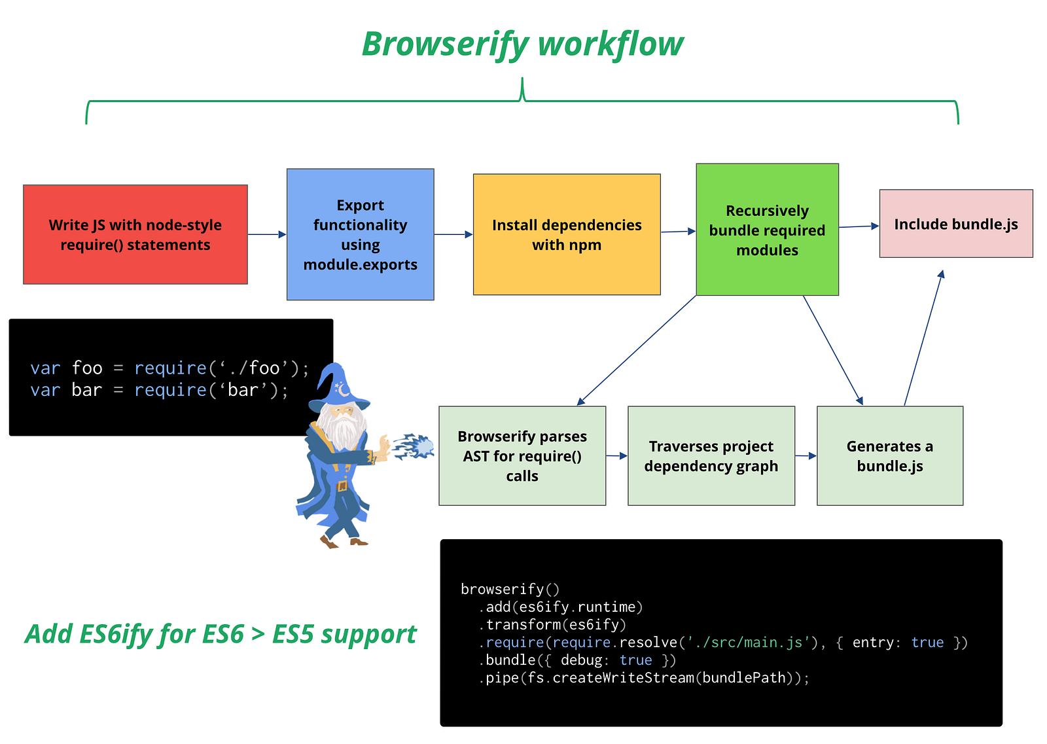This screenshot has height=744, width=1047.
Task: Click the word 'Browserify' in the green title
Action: pos(446,44)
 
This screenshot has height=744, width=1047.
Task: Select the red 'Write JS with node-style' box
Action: pos(135,235)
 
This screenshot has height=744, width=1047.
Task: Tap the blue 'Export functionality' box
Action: pos(361,235)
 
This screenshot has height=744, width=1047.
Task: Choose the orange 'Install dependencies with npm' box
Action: pos(567,235)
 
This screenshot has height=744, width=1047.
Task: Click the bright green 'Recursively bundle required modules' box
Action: pos(768,230)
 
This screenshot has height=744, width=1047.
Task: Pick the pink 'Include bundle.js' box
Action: pos(956,224)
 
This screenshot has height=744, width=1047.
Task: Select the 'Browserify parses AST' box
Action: pos(523,456)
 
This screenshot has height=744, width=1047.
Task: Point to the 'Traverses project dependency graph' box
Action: pos(711,456)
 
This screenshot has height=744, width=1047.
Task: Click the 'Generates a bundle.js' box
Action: pos(890,456)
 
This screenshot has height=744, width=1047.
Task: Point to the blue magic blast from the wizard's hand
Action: pos(414,446)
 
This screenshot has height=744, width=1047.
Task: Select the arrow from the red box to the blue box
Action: pos(267,235)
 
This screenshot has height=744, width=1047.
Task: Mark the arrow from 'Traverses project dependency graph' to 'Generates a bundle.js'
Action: pos(806,455)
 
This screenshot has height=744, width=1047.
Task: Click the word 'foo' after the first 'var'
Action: pos(87,368)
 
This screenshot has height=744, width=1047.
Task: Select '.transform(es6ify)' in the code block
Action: pos(552,625)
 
